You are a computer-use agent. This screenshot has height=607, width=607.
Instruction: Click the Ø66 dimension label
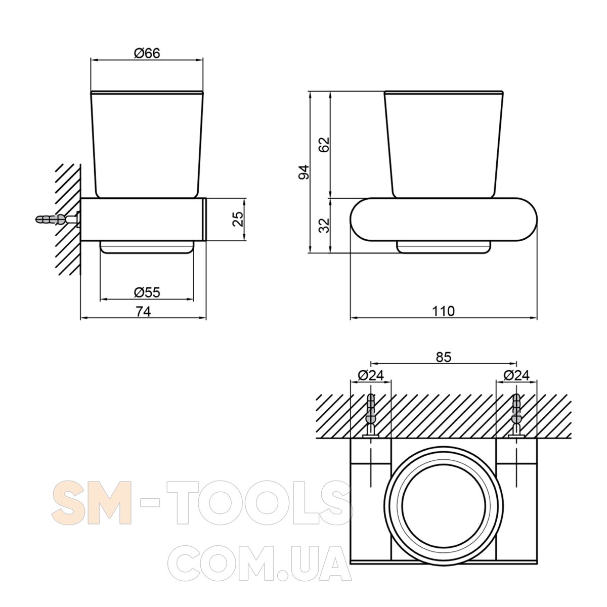147,53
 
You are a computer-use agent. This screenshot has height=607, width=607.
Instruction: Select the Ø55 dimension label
147,292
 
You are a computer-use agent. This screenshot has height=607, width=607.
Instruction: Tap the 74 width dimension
143,312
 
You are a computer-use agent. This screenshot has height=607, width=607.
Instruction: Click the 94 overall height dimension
304,172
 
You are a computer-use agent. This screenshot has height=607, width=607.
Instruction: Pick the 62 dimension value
324,145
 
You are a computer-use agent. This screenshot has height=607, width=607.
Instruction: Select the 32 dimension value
324,225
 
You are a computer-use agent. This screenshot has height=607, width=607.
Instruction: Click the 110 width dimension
443,311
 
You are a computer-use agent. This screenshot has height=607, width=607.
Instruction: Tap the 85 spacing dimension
444,357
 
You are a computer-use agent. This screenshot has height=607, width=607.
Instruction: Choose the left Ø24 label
371,375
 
